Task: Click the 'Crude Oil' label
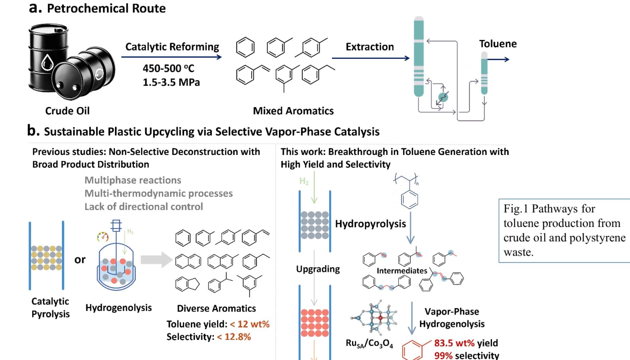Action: [x=67, y=111]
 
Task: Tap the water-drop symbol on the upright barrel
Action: [x=47, y=62]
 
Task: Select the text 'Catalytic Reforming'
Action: [x=172, y=47]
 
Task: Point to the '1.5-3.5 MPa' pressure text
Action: [x=171, y=82]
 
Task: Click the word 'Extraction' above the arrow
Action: [x=370, y=47]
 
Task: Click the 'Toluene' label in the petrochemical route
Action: [x=498, y=44]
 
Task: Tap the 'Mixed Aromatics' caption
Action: [x=293, y=111]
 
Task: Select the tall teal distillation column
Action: [x=419, y=57]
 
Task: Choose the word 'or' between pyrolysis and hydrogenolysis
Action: [x=80, y=260]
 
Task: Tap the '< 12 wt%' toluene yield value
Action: [x=250, y=324]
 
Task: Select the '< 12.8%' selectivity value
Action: [x=234, y=337]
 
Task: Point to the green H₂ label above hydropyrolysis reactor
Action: [x=304, y=181]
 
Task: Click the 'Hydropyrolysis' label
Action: [x=370, y=224]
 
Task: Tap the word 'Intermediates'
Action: [x=402, y=271]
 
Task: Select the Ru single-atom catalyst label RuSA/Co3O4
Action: [x=369, y=344]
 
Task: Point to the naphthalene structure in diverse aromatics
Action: [x=188, y=262]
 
